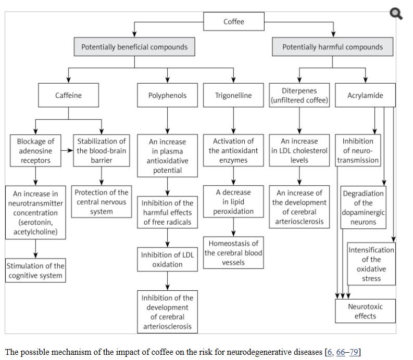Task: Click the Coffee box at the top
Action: (233, 22)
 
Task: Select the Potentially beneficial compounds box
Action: (134, 47)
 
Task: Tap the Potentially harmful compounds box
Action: (332, 47)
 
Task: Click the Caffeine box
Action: (69, 96)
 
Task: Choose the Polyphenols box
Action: (167, 96)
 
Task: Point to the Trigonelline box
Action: (233, 96)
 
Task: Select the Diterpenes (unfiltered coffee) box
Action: (299, 96)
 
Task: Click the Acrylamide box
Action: (365, 96)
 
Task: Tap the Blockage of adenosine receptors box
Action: (35, 151)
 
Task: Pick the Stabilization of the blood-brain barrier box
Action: (102, 151)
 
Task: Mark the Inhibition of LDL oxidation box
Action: (167, 260)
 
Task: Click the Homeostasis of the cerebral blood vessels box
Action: (233, 253)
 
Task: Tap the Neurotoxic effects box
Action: (365, 311)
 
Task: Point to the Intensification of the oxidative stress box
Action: (372, 264)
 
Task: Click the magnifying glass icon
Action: (396, 14)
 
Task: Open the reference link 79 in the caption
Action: (354, 352)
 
